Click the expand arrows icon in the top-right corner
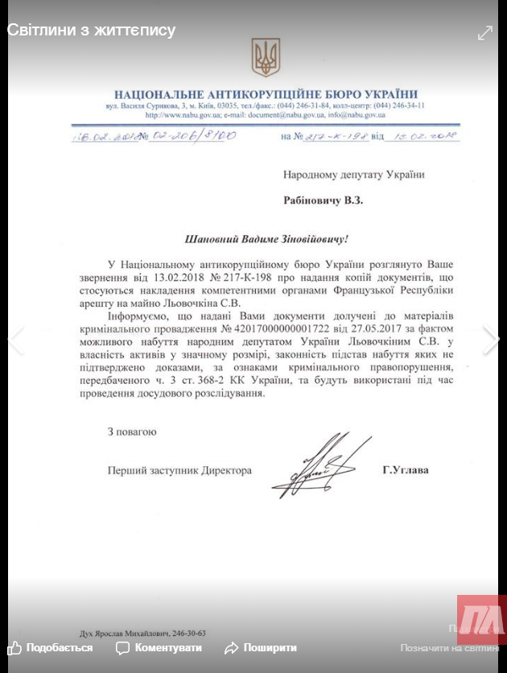pos(485,32)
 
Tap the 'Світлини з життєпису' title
pos(91,31)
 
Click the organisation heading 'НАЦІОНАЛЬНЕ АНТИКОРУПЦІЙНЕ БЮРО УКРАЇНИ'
pos(266,94)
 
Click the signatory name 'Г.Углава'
pos(406,470)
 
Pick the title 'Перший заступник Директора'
pos(179,470)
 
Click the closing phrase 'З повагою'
pos(132,431)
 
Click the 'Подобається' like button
pos(51,647)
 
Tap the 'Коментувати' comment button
pos(159,647)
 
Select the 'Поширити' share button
pos(261,647)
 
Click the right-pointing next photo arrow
pos(491,340)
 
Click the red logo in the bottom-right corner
pos(481,621)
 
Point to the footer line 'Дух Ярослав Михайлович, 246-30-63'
pos(142,633)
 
